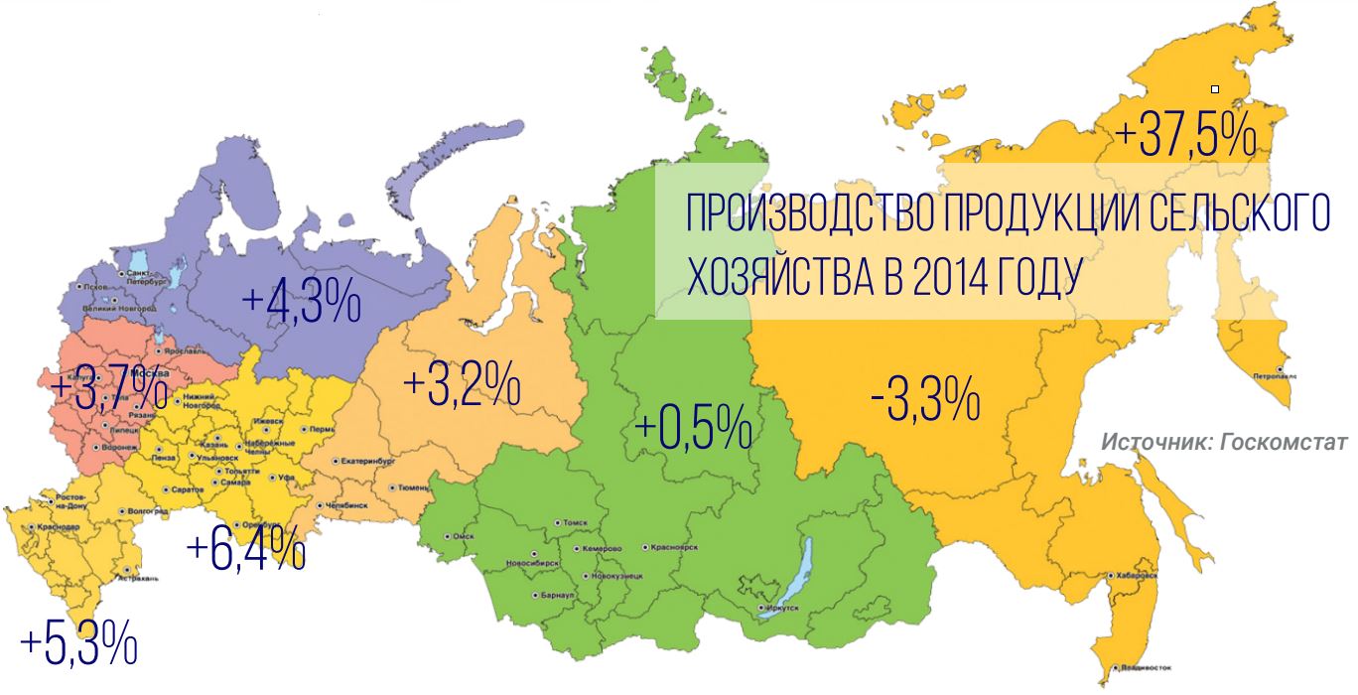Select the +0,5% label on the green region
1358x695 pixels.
692,429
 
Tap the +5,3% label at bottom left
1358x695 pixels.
77,644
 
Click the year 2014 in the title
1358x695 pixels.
955,277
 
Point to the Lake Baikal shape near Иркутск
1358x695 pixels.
790,575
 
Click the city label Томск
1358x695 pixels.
576,522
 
